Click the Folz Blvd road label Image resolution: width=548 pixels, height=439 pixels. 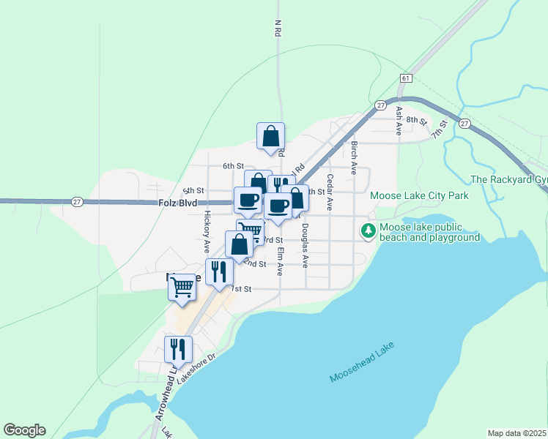point(177,202)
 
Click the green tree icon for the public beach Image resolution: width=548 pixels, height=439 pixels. point(369,231)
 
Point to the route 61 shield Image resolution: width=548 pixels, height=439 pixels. point(406,78)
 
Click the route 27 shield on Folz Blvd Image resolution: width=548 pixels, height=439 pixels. point(77,201)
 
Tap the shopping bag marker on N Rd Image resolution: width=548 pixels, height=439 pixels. point(270,136)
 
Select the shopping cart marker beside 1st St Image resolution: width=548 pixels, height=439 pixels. point(182,288)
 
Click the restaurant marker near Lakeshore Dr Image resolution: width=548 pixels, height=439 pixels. point(178,350)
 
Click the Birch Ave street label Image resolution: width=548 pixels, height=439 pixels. point(354,157)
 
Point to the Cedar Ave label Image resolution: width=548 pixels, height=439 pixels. point(330,192)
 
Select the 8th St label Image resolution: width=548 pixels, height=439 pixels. point(416,119)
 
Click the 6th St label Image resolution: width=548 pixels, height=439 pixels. point(232,165)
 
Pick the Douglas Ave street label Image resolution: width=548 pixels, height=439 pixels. point(306,245)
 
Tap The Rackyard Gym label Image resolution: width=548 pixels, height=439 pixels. point(509,179)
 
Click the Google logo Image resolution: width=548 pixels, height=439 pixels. point(24,430)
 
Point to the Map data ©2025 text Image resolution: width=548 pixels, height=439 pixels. point(516,433)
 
